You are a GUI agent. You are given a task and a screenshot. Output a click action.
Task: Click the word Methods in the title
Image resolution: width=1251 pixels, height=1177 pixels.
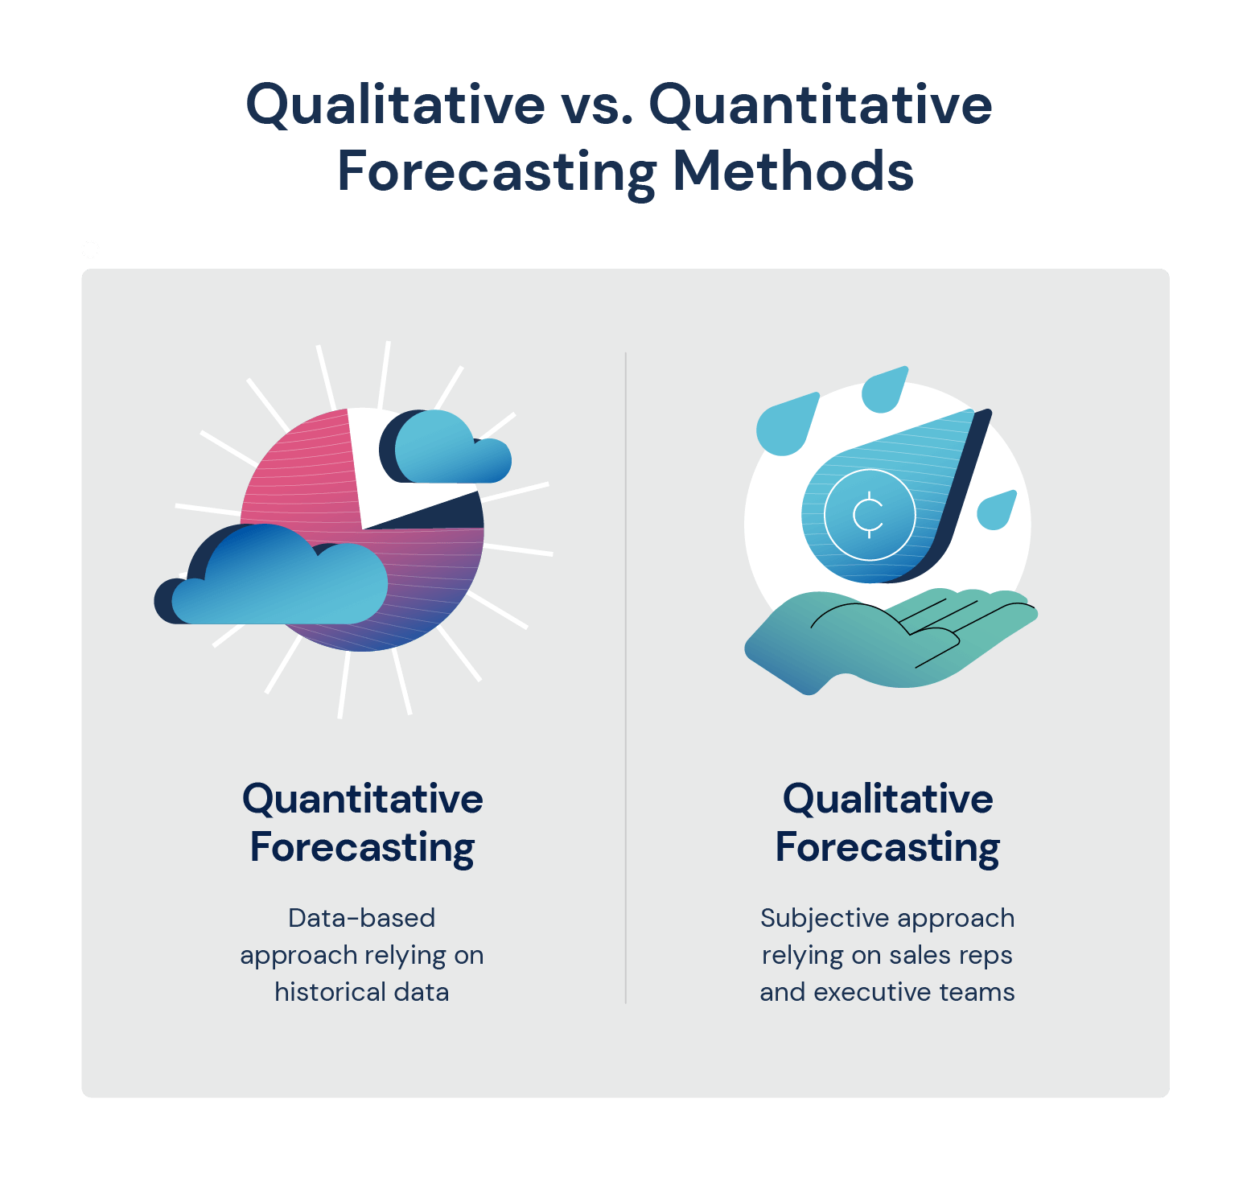click(x=792, y=171)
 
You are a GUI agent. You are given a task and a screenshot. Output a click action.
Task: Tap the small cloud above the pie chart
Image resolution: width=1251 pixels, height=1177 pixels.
click(x=446, y=451)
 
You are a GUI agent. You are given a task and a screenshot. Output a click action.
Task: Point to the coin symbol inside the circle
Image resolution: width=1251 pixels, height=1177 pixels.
click(x=869, y=514)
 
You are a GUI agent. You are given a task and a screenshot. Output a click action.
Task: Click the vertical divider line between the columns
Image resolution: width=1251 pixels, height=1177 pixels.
click(x=625, y=676)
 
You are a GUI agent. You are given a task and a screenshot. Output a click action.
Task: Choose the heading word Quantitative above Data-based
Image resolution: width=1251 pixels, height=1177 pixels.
click(x=363, y=799)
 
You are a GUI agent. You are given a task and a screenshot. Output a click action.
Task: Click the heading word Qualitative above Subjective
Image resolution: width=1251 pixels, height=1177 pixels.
click(x=887, y=799)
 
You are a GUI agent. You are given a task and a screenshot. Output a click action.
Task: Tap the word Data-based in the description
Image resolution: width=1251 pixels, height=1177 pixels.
click(x=361, y=918)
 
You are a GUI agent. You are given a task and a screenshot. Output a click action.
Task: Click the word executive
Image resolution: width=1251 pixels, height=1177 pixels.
click(x=872, y=992)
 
